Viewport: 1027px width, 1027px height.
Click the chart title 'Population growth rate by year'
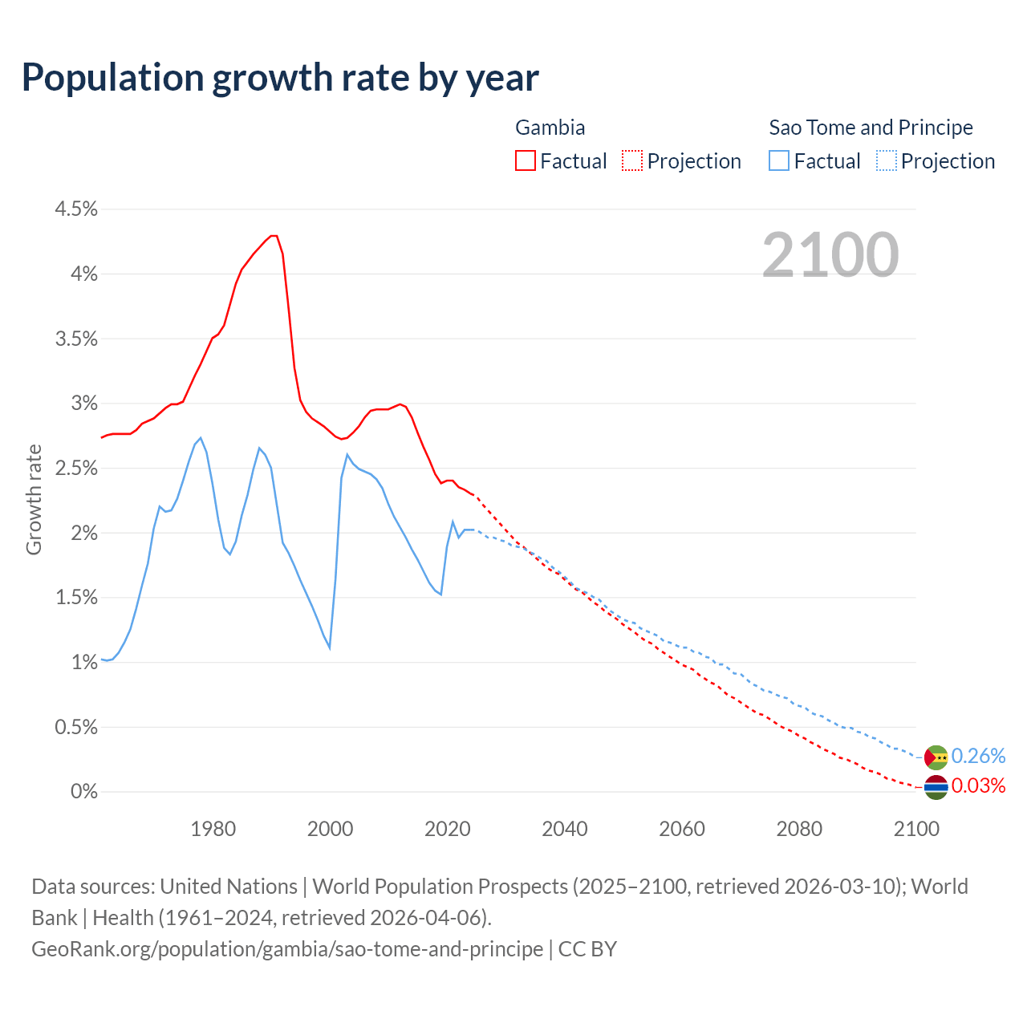pos(280,78)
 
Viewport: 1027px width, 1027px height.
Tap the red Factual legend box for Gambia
pos(526,160)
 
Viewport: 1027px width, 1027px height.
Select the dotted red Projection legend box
pos(632,160)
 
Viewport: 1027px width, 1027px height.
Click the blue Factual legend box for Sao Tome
pos(779,160)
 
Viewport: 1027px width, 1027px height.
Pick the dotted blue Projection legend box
pos(886,160)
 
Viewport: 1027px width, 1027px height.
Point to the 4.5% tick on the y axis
pos(75,209)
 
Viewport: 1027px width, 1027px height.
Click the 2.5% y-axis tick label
pos(75,469)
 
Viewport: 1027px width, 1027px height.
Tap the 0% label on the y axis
pos(83,792)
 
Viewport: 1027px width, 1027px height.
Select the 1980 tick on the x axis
pos(213,829)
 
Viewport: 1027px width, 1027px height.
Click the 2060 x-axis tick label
pos(681,829)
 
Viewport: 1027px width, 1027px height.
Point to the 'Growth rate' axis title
pos(34,499)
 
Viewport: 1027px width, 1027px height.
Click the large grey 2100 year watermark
pos(830,254)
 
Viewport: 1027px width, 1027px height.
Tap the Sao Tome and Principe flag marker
pos(936,757)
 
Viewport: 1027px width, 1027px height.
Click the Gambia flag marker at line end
pos(936,787)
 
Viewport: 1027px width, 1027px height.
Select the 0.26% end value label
pos(978,757)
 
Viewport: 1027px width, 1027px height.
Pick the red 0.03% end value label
pos(978,785)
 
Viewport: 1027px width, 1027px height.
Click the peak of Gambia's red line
pos(274,236)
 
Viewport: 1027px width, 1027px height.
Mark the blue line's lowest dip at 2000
pos(330,647)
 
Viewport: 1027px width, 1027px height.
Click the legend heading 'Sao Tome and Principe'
pos(871,128)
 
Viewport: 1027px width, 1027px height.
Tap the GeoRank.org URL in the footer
pos(287,949)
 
